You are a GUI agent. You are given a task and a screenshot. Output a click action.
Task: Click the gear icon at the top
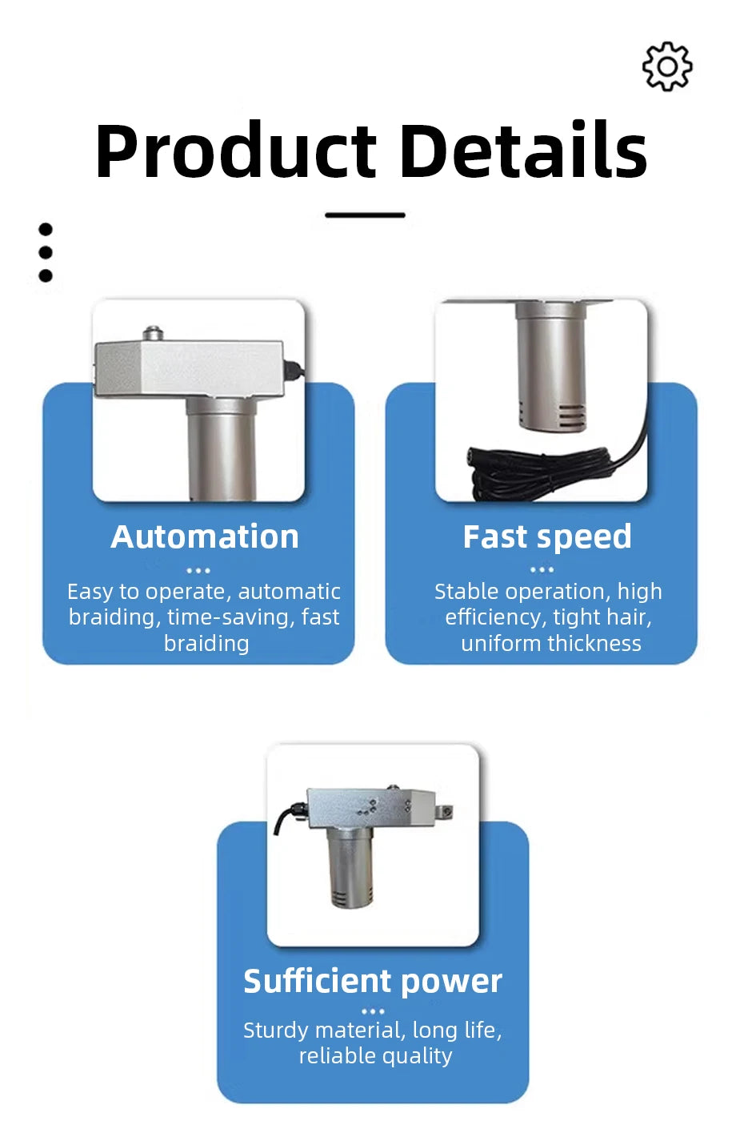pos(667,66)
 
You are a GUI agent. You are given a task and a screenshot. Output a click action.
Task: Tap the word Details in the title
pos(524,149)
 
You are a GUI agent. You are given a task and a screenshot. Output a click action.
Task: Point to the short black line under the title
pos(366,215)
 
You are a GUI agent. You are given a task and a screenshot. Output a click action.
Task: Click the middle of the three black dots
pos(46,252)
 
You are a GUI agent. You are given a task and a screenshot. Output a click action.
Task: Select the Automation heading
pos(205,537)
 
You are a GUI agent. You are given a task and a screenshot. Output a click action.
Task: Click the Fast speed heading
pos(547,538)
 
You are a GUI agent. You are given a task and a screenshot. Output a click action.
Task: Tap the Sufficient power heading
pos(373,982)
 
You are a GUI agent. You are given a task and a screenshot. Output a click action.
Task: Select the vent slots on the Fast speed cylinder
pos(571,416)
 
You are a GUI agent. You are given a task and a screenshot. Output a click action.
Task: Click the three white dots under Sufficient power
pos(373,1011)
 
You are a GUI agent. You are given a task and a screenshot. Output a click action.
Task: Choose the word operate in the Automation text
pos(189,593)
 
